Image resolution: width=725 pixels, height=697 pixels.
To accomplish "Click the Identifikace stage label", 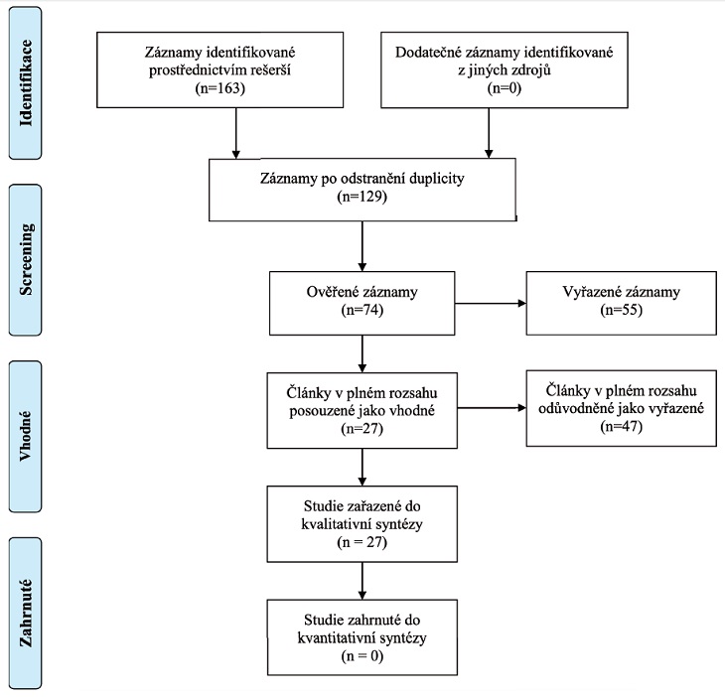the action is tap(26, 83).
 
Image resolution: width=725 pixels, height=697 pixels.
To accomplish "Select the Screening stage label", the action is tap(26, 259).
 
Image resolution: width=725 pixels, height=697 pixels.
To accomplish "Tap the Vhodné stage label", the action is tap(25, 436).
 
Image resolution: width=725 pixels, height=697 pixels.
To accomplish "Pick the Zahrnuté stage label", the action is tap(26, 613).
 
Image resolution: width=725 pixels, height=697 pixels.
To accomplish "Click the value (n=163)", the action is tap(220, 87).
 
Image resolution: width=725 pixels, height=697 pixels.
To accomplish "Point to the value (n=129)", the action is tap(362, 197).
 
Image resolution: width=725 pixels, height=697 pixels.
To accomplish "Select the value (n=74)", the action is tap(362, 310).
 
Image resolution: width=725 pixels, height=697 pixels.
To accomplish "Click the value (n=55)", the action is tap(622, 310).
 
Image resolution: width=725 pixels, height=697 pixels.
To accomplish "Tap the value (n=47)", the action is tap(622, 426).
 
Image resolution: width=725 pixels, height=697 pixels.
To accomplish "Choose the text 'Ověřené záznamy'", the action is tap(362, 292).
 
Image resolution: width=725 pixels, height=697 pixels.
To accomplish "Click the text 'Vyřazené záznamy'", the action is tap(622, 292).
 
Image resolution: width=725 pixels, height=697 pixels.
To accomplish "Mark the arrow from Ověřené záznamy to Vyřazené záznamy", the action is tap(491, 304).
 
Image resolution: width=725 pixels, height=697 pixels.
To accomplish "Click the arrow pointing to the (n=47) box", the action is tap(492, 408).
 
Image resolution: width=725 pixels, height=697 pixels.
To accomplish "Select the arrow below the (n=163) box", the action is tap(235, 134).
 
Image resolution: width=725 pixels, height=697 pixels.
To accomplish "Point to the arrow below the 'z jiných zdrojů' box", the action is tap(489, 134).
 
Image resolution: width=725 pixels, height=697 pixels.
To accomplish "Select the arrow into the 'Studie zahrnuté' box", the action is tap(362, 581).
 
